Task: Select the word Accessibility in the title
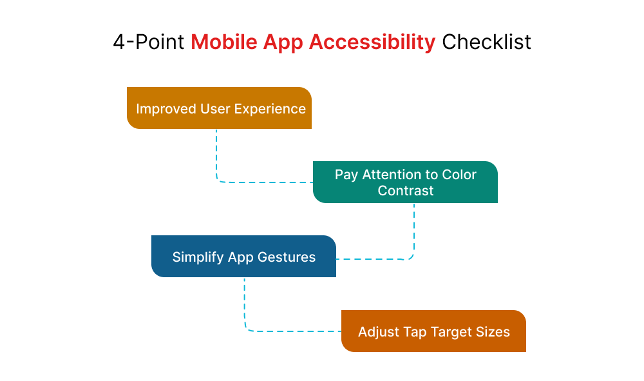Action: pos(372,42)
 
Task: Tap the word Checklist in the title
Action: pos(486,42)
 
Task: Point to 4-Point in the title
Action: pos(149,42)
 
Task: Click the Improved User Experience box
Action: pos(220,108)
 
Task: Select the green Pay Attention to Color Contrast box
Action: pos(405,182)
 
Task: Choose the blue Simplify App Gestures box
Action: pos(243,257)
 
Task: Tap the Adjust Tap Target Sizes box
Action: pos(433,331)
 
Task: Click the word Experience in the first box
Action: pos(270,108)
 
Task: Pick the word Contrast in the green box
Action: pos(406,191)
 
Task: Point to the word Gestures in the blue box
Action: pos(287,257)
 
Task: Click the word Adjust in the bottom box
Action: pos(378,331)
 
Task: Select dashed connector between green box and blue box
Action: pos(413,232)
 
